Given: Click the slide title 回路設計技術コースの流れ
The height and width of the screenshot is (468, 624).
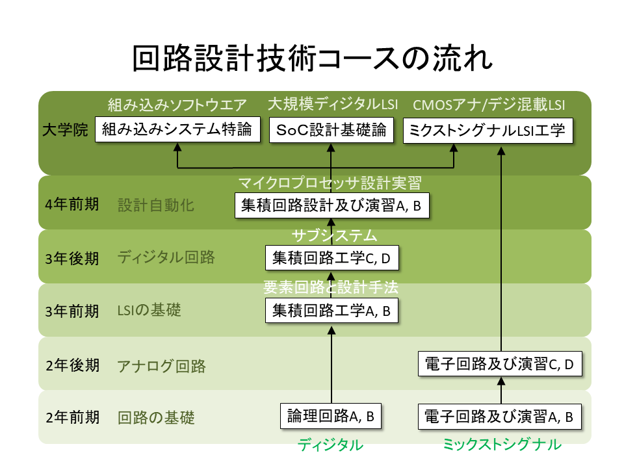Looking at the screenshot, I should [312, 59].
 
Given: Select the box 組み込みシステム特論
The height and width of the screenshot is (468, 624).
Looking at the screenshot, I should [177, 129].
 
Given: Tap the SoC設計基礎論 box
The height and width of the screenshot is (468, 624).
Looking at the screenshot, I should [331, 129].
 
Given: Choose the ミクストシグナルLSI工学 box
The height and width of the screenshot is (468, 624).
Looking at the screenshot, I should [488, 129].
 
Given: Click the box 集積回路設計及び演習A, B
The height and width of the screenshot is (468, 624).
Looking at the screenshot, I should [331, 205].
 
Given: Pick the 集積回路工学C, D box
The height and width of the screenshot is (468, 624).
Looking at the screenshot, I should [331, 258].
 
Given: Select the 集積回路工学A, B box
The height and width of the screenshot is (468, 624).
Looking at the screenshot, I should [331, 311].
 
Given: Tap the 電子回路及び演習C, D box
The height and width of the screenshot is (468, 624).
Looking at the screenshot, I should [500, 364].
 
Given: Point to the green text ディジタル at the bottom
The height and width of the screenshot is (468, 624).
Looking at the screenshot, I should [330, 445].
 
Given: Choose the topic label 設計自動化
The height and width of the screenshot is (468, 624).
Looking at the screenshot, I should [156, 205].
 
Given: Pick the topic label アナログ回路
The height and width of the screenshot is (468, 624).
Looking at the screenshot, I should [162, 366].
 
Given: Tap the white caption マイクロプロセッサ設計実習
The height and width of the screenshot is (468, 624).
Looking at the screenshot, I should [331, 183].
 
